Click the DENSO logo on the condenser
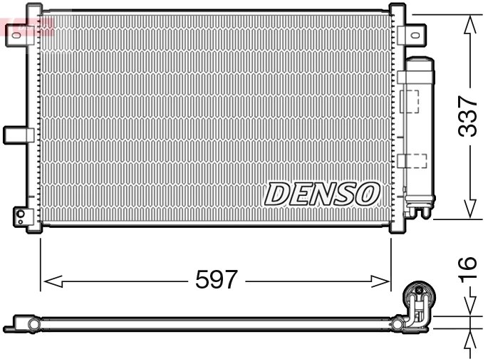click(x=323, y=192)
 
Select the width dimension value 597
click(x=216, y=280)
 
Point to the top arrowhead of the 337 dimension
click(x=469, y=25)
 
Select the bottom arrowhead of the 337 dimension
click(x=469, y=208)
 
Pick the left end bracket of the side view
click(x=21, y=325)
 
